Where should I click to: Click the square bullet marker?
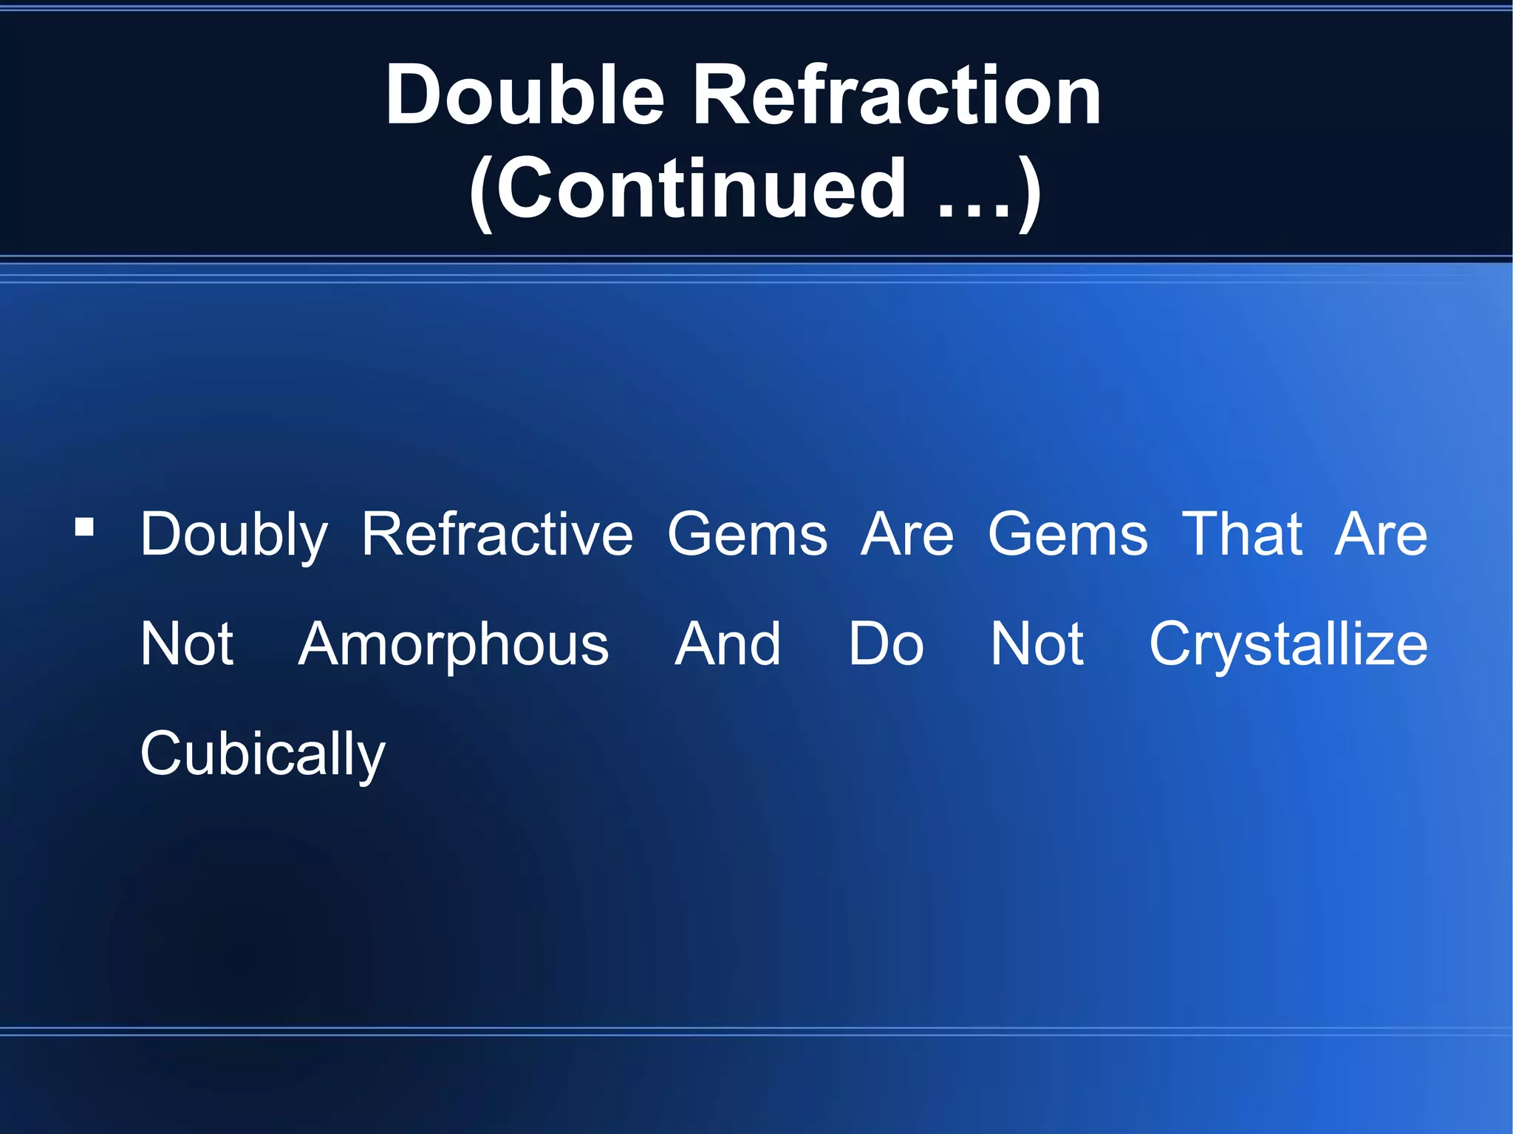pos(85,527)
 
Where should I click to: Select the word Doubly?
pos(234,535)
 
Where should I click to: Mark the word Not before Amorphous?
pos(187,643)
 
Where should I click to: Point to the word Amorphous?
pos(454,645)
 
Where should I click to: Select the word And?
pos(728,643)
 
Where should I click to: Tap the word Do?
pos(886,643)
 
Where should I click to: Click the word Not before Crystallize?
pos(1037,643)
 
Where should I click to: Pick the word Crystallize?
pos(1288,645)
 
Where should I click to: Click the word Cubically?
pos(263,754)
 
